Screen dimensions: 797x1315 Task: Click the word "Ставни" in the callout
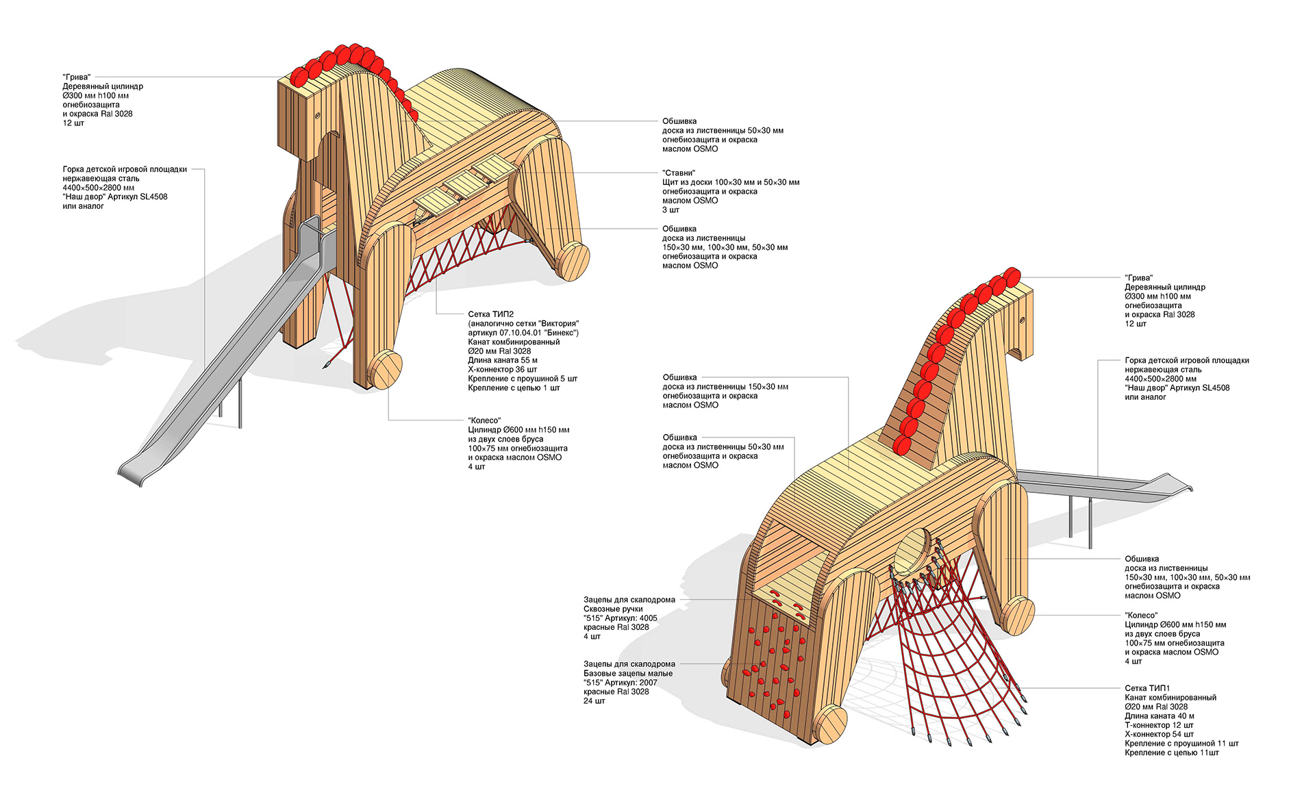(679, 173)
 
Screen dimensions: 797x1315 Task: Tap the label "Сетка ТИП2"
(490, 314)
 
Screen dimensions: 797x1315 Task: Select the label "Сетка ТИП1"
(1147, 688)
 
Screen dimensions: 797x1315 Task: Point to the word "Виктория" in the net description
(558, 324)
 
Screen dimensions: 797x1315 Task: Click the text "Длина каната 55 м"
(502, 360)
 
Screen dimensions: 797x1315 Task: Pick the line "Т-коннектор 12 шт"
(1159, 725)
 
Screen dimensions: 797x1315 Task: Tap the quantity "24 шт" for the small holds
(594, 701)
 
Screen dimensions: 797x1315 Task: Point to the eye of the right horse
(1021, 320)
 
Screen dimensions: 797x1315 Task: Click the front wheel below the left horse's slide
(384, 370)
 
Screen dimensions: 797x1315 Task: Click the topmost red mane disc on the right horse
(1012, 277)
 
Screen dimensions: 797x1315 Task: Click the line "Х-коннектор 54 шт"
(1159, 734)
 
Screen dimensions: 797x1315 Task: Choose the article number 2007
(647, 683)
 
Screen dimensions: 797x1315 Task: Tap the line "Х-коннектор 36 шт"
(502, 369)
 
